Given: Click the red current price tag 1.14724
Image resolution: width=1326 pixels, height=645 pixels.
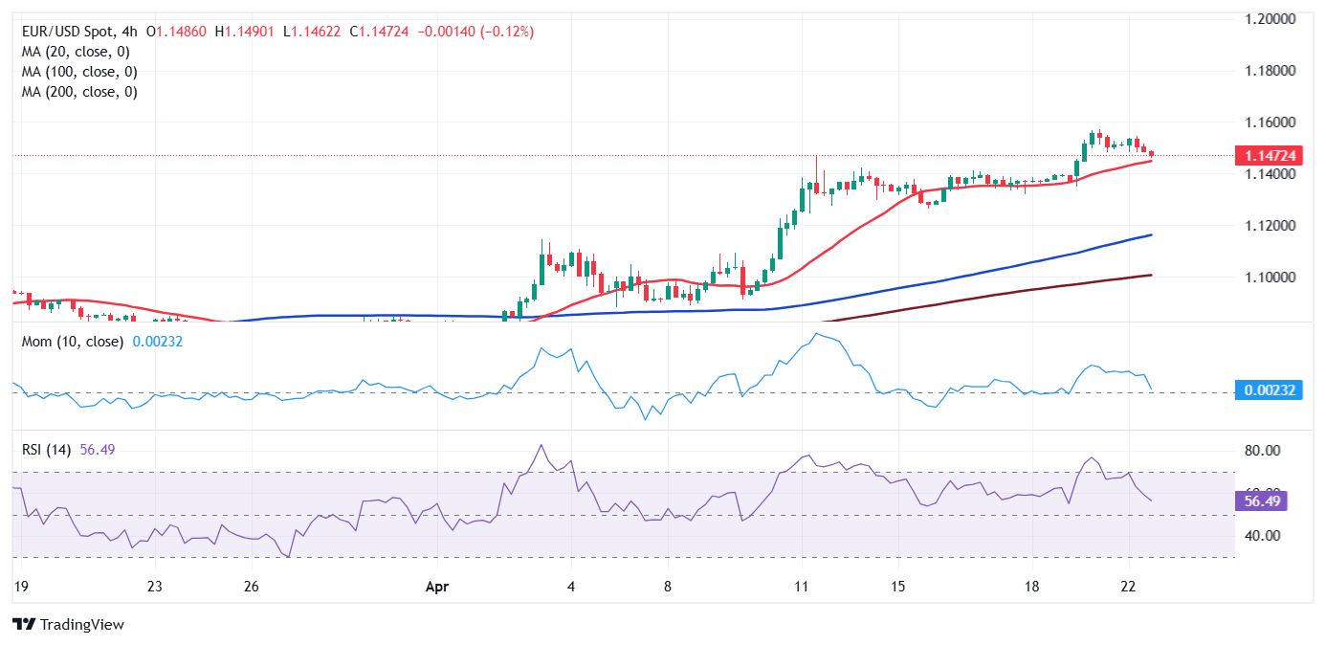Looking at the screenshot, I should [x=1268, y=155].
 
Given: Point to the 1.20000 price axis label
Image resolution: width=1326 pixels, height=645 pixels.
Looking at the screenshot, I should [x=1269, y=19].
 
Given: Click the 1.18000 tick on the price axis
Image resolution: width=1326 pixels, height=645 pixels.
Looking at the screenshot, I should [x=1269, y=71].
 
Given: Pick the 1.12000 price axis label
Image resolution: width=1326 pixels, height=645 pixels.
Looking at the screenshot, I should [x=1269, y=226].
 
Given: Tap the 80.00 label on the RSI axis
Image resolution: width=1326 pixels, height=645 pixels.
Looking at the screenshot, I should [x=1262, y=451].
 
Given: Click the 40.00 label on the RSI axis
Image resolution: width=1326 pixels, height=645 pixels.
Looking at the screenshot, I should [x=1262, y=535].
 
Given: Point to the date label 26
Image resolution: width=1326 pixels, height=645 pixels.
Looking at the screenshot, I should [x=251, y=587].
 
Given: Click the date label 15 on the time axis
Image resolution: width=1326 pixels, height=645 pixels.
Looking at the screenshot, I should [x=896, y=587].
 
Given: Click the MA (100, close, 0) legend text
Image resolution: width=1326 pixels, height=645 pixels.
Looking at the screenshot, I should [x=79, y=72].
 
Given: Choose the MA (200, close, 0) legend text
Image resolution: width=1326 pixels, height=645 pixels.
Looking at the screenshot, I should [x=79, y=92].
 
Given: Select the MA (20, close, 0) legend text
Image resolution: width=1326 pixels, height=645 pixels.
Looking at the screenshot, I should [x=76, y=52].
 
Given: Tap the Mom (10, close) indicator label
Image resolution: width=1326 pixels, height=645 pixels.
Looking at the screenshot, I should [x=73, y=342].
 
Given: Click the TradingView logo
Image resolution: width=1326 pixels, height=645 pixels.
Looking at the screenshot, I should [x=69, y=624].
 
